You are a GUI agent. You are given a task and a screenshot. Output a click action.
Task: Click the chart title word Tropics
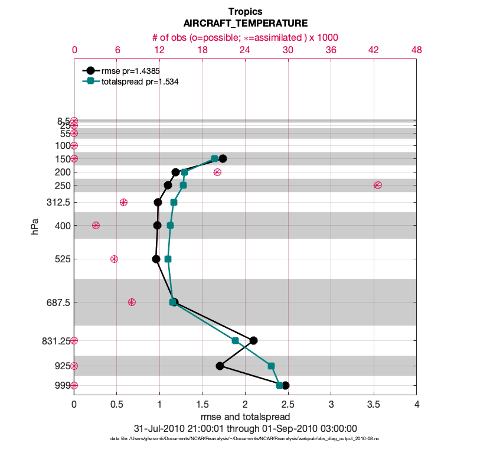tap(245, 11)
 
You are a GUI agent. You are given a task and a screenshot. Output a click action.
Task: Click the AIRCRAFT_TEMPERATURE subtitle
tap(245, 24)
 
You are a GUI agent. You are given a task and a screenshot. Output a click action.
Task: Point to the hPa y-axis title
tap(36, 226)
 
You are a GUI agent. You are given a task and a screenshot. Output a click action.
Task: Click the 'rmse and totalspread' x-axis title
tap(245, 417)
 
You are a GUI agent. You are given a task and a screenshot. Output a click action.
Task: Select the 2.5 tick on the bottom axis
tap(288, 405)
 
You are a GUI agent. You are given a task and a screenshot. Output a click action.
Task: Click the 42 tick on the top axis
tap(373, 50)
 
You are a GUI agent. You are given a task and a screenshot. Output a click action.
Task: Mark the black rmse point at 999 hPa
tap(285, 385)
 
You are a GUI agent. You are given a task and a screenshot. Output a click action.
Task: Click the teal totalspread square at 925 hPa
tap(271, 366)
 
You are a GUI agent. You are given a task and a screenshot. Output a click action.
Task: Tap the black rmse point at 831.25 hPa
tap(253, 340)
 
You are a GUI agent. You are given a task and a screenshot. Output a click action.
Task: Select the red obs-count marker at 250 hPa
tap(377, 186)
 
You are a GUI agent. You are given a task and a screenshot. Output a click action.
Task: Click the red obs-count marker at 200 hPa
tap(217, 172)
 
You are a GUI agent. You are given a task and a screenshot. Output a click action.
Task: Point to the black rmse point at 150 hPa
tap(223, 158)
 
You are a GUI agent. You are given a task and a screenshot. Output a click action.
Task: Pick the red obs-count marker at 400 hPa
tap(96, 225)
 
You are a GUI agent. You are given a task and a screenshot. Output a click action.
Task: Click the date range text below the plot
tap(245, 428)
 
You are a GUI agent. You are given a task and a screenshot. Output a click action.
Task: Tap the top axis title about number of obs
tap(245, 37)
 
